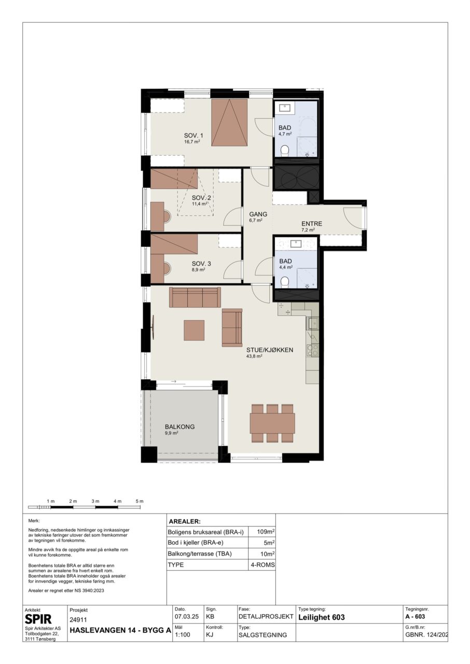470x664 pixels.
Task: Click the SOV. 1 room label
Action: coord(193,135)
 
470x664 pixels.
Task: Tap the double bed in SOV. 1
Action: coord(229,122)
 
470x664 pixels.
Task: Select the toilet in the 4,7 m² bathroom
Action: coord(285,150)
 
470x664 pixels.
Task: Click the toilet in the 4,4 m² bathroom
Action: coord(285,281)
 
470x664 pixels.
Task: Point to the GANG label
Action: coord(258,214)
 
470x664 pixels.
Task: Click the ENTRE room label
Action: coord(312,224)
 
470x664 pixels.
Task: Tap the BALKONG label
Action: coord(179,427)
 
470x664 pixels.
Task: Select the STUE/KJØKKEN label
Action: coord(270,350)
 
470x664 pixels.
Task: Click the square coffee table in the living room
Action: coord(194,330)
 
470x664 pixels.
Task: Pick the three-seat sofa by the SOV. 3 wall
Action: coord(195,297)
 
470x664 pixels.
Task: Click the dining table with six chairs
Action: coord(272,423)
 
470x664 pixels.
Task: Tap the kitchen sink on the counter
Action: coord(313,323)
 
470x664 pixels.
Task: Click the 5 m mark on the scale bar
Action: coord(140,501)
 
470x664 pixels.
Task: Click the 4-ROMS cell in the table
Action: coord(262,565)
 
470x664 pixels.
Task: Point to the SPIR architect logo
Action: coord(38,619)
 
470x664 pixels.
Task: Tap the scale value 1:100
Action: coord(183,634)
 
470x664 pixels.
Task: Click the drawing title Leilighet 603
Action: coord(322,617)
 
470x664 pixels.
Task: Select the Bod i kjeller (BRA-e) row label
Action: coord(196,543)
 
